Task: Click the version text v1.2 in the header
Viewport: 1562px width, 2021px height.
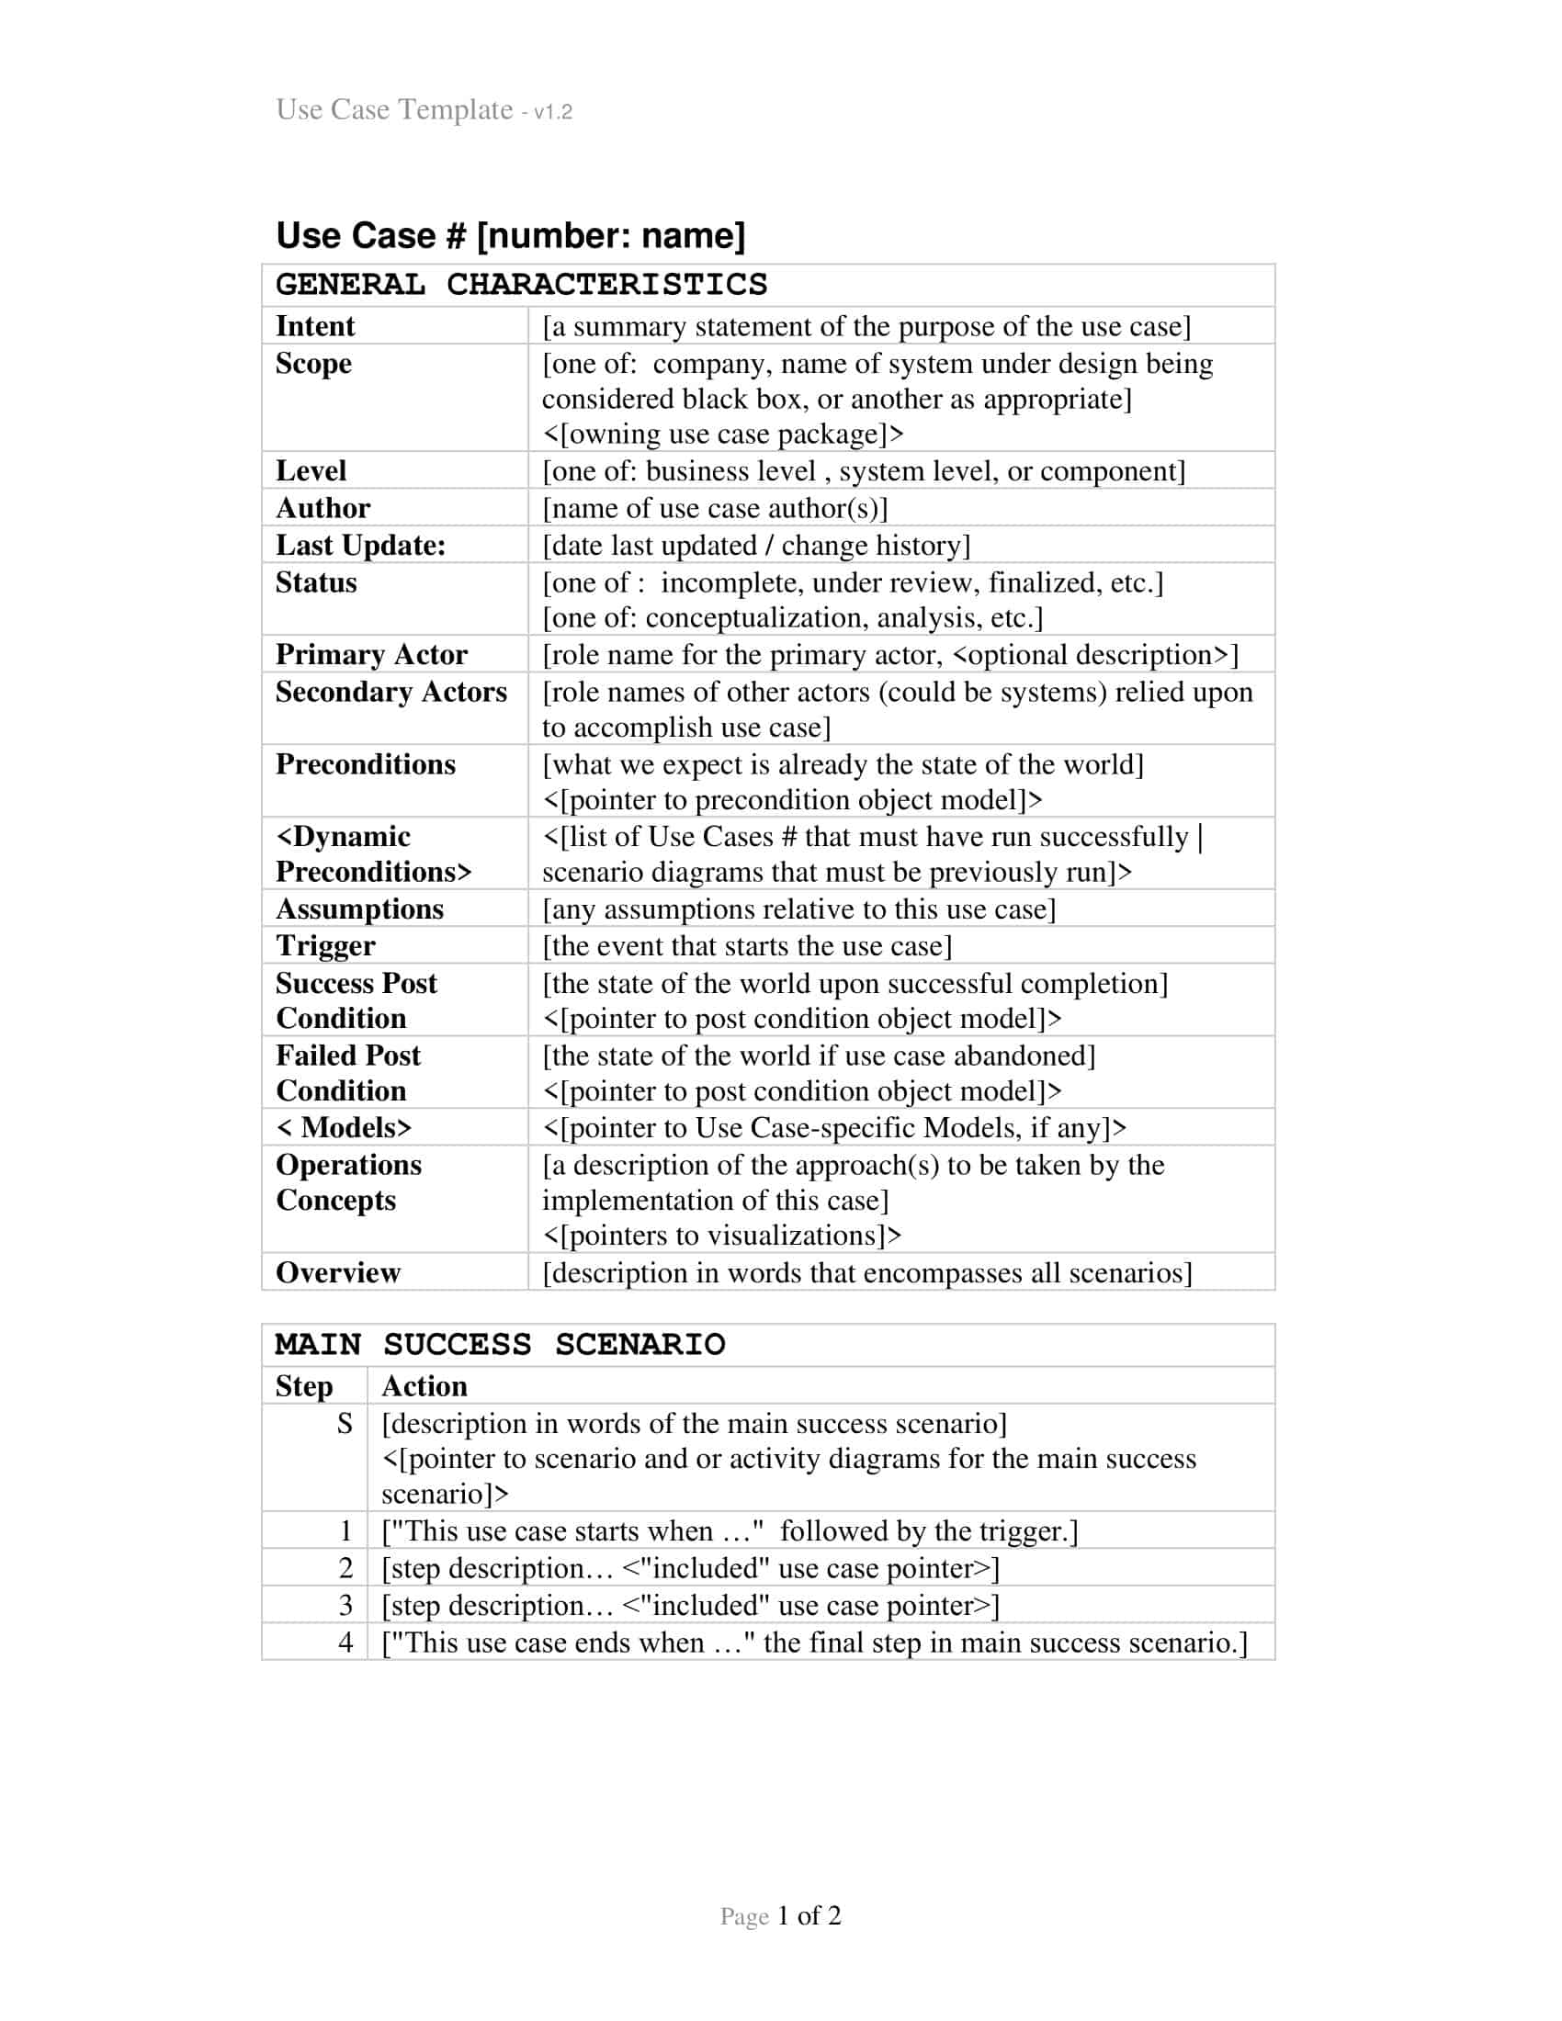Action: point(552,112)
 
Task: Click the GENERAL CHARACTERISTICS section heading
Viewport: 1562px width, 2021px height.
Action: point(521,284)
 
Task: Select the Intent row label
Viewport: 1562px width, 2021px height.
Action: point(314,326)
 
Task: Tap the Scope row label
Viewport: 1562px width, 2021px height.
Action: point(312,363)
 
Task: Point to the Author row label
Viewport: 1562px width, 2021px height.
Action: point(322,507)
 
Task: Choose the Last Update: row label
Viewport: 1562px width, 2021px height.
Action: point(360,545)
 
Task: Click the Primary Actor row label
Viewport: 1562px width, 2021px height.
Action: point(371,654)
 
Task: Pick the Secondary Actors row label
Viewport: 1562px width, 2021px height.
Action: point(390,691)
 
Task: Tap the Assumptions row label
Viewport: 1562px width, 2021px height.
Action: point(359,909)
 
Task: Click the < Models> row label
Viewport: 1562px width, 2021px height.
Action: point(344,1127)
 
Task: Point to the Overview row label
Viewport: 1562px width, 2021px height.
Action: point(338,1272)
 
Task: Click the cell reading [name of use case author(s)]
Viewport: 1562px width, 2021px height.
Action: point(714,508)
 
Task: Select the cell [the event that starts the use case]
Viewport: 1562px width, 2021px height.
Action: point(747,945)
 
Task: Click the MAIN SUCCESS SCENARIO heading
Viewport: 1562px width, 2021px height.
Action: point(500,1344)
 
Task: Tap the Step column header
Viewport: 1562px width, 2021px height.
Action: point(303,1385)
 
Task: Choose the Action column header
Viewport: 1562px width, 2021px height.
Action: point(424,1385)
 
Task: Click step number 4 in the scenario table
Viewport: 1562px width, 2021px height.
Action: point(345,1642)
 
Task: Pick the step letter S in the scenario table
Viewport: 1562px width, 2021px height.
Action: point(345,1423)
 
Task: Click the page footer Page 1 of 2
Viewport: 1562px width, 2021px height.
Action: point(780,1915)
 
